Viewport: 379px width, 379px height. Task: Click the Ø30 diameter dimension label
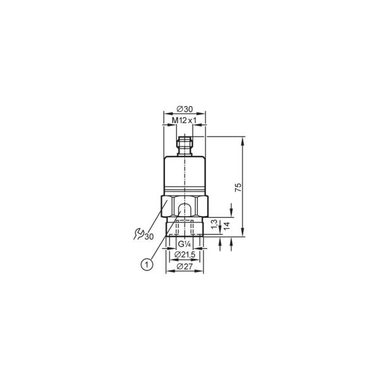coord(184,109)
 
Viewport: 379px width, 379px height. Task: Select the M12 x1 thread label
coord(184,121)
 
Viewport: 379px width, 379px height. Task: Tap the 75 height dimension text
coord(238,188)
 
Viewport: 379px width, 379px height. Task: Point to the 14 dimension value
coord(227,226)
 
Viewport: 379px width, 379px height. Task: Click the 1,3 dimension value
coord(215,224)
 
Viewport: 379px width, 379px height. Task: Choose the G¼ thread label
coord(184,244)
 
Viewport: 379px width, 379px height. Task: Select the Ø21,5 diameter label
coord(184,255)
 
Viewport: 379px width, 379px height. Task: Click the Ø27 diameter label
coord(184,267)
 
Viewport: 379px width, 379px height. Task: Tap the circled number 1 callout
coord(147,264)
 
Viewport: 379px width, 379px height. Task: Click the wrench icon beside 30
coord(139,234)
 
